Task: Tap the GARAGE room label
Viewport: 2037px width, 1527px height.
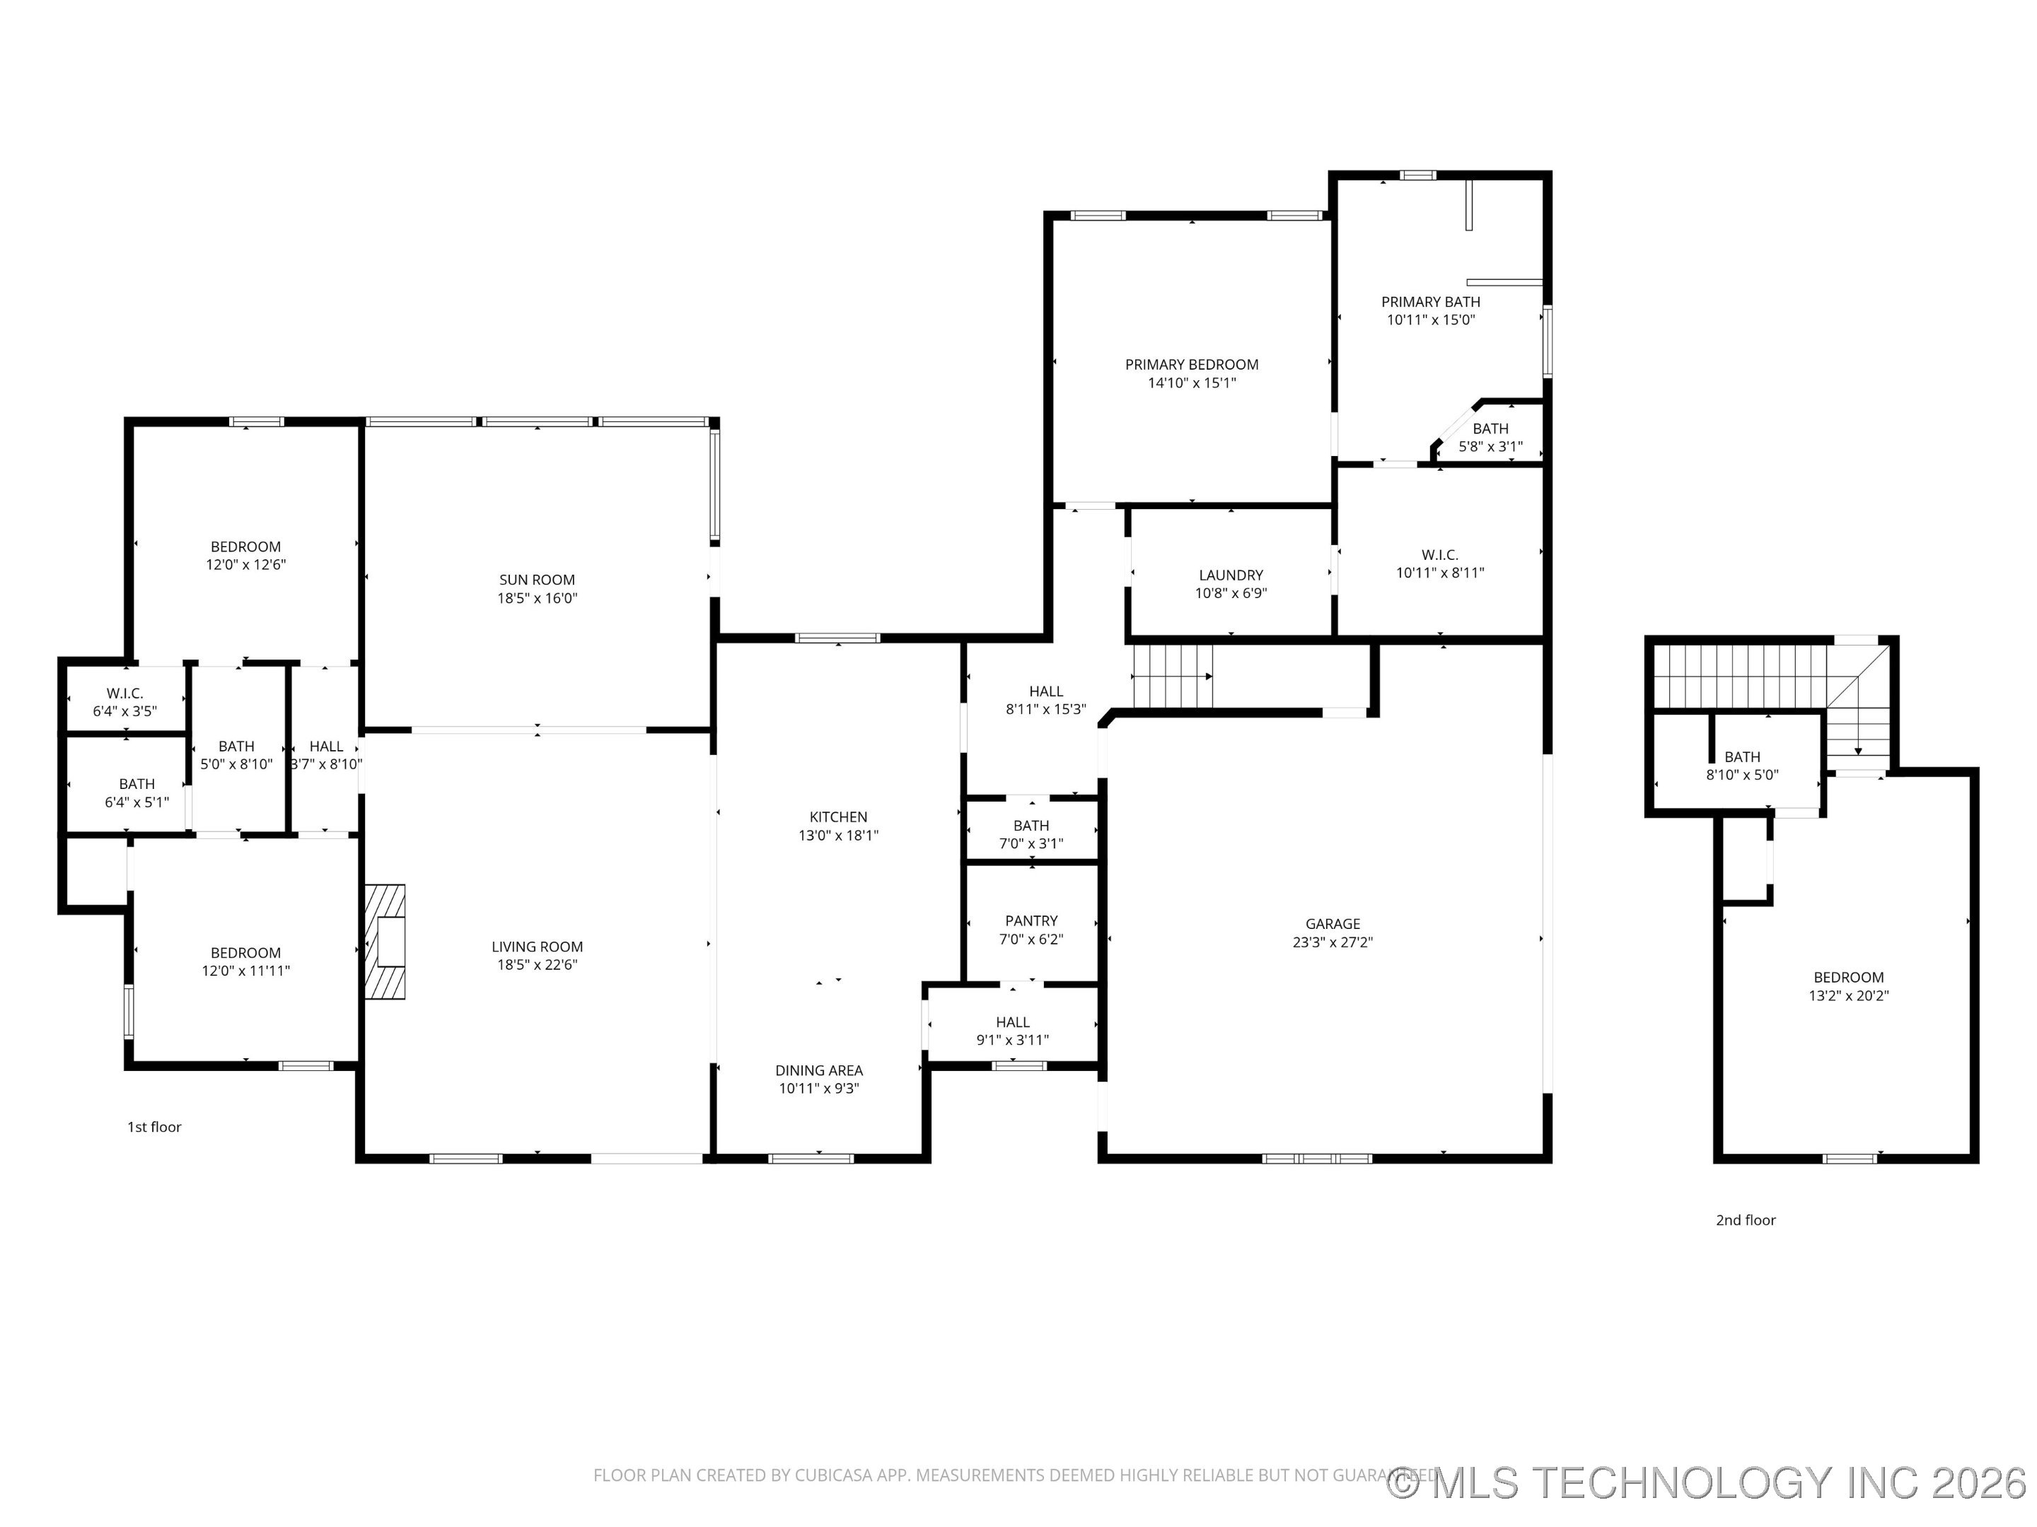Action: (x=1332, y=924)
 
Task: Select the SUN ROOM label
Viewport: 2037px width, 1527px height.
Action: (x=537, y=580)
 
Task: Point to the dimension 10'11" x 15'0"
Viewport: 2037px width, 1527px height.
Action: (x=1430, y=320)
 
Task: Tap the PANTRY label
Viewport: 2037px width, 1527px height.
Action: (x=1031, y=920)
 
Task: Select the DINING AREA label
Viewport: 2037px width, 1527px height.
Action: (x=818, y=1070)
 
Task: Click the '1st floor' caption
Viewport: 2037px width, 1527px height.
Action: (x=153, y=1127)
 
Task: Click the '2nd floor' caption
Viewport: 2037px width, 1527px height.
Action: (x=1745, y=1219)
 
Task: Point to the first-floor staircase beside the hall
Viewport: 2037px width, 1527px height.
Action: (x=1171, y=677)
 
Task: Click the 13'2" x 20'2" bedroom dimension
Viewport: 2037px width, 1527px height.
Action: (x=1848, y=995)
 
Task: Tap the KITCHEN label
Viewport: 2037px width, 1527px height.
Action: (x=838, y=817)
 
